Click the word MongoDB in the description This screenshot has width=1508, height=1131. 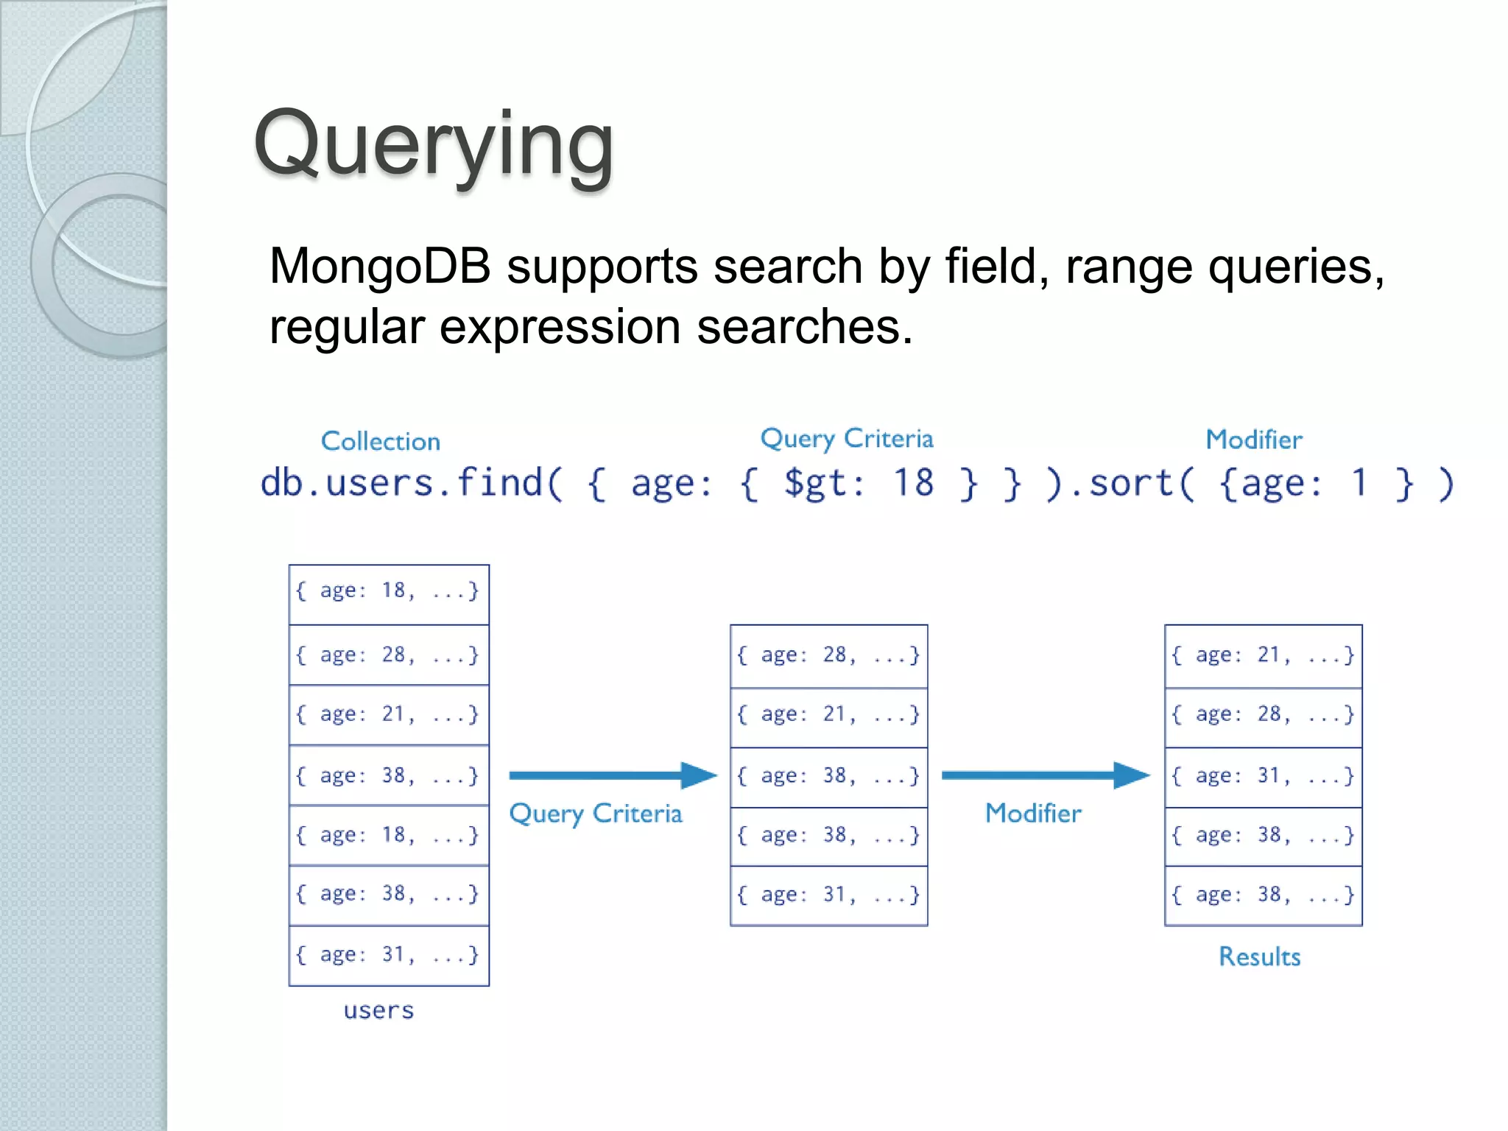click(380, 266)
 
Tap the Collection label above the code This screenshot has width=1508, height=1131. click(380, 441)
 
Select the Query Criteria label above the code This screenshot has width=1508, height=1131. click(846, 439)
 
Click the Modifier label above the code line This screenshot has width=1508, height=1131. click(1253, 440)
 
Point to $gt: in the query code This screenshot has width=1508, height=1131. click(823, 484)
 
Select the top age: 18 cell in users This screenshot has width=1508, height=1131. click(388, 591)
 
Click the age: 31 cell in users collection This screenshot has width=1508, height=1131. click(388, 955)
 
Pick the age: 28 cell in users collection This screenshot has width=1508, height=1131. click(388, 655)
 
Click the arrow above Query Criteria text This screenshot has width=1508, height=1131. click(611, 775)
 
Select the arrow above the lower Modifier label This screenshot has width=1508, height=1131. click(1044, 775)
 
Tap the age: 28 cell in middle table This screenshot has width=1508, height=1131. click(828, 655)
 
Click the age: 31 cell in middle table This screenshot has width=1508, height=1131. click(828, 895)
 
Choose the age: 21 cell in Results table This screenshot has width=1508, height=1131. click(1263, 655)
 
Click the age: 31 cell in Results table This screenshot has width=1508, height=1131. click(1263, 775)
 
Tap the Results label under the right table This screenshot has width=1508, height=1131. click(1259, 956)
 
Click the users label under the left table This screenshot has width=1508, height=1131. click(378, 1010)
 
